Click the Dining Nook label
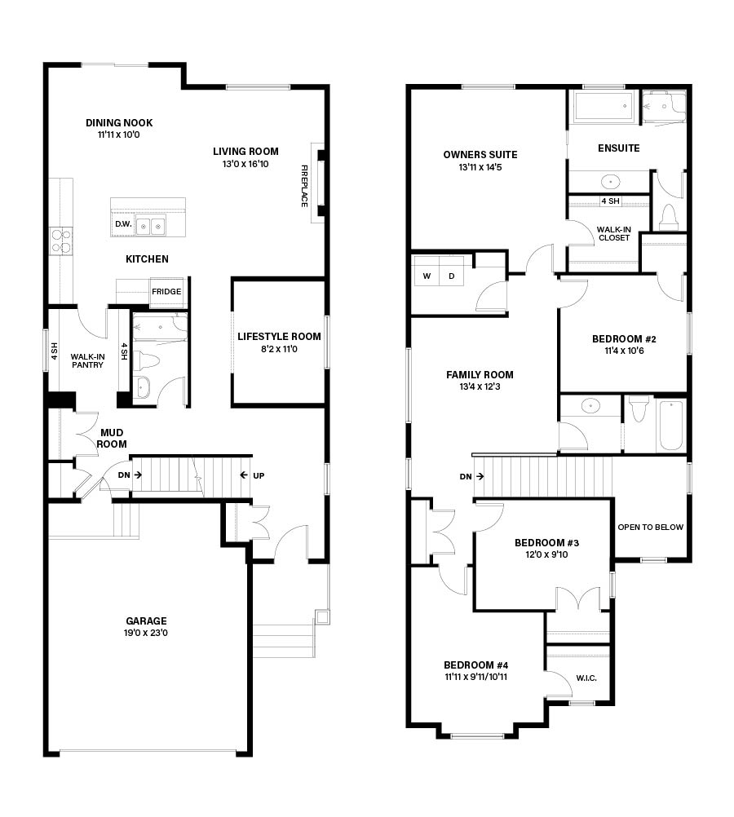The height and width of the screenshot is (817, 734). tap(119, 123)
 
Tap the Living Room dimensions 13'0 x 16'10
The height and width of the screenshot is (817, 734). tap(245, 164)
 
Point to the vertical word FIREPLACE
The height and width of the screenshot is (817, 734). tap(304, 186)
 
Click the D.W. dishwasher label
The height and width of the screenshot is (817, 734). tap(123, 224)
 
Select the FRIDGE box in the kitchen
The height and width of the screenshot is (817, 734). tap(167, 292)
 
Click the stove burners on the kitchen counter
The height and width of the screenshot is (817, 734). tap(60, 241)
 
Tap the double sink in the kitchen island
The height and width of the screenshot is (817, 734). tap(150, 227)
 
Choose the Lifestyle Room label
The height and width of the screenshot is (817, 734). tap(279, 337)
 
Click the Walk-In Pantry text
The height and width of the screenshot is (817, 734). tap(87, 360)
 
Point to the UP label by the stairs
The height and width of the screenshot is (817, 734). tap(259, 475)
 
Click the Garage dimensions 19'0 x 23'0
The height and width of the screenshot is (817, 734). tap(146, 633)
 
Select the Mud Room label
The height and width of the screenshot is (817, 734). tap(112, 438)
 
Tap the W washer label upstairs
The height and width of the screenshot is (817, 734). tap(427, 276)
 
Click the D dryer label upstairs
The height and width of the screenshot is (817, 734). tap(452, 276)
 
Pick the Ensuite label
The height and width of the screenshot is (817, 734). tap(619, 148)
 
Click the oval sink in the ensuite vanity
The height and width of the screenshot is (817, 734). tap(611, 182)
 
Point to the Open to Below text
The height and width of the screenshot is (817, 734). tap(650, 528)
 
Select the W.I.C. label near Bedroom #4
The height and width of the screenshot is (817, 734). tap(586, 678)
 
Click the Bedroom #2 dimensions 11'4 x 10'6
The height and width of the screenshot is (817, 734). tap(624, 351)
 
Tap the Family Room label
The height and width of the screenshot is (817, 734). tap(480, 374)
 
